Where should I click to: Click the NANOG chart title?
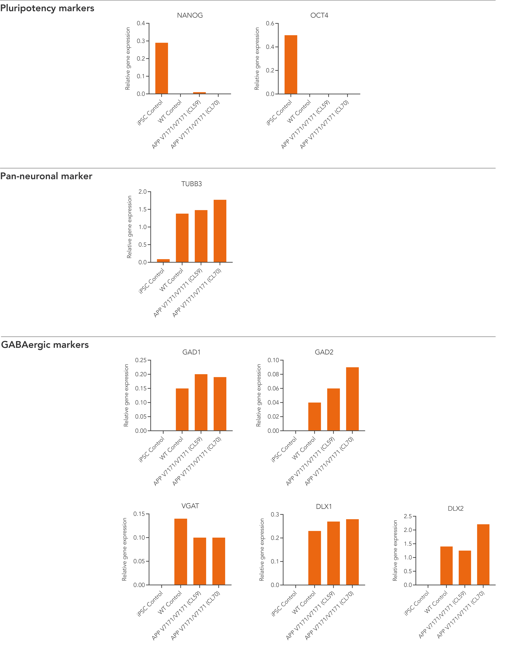[x=190, y=15]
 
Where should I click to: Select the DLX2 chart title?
[x=455, y=508]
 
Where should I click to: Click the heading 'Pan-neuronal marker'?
[x=46, y=176]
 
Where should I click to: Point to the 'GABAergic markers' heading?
[x=45, y=344]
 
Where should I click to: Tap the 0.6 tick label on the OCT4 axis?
[x=270, y=23]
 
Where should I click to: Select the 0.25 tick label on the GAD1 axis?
[x=141, y=360]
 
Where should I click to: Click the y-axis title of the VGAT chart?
[x=124, y=549]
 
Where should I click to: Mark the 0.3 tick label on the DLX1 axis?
[x=275, y=515]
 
